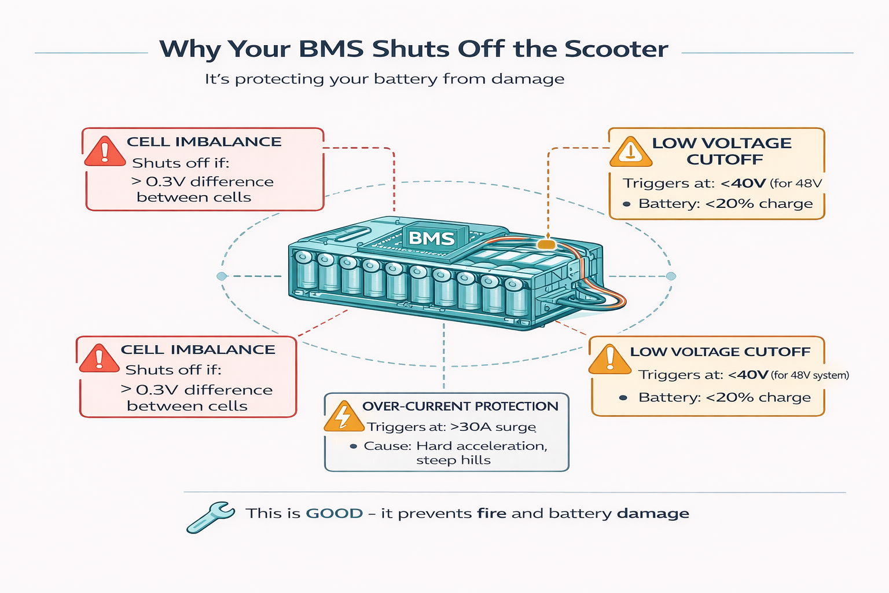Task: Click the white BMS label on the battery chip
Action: pyautogui.click(x=431, y=238)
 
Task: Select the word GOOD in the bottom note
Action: pyautogui.click(x=334, y=514)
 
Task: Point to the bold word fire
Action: pyautogui.click(x=492, y=514)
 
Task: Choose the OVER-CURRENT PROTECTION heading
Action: pyautogui.click(x=460, y=407)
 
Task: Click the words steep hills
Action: pyautogui.click(x=453, y=460)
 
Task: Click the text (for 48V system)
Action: pyautogui.click(x=810, y=375)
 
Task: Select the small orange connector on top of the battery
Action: pyautogui.click(x=546, y=244)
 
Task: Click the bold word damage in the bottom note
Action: pyautogui.click(x=653, y=514)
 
